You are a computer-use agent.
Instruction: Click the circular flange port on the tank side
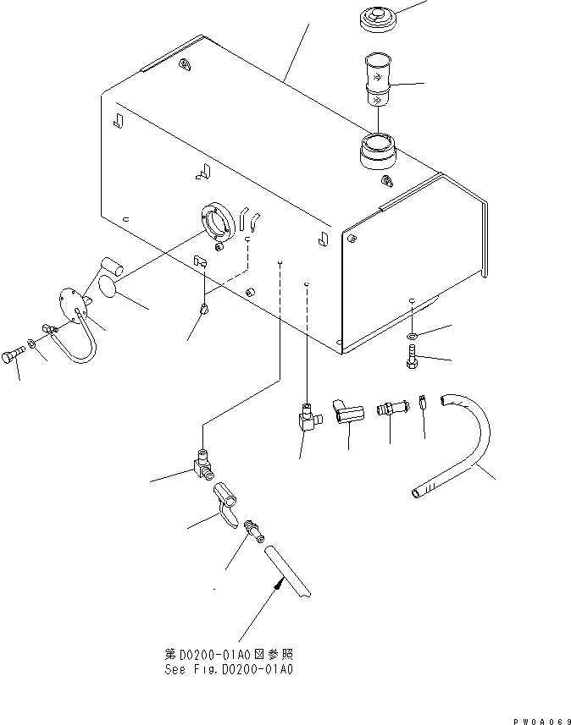click(x=218, y=222)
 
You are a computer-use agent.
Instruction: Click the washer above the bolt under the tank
click(x=410, y=336)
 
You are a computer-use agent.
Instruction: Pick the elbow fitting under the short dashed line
click(x=308, y=415)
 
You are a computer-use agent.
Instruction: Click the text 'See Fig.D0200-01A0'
click(x=230, y=669)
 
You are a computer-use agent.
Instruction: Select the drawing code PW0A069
click(x=537, y=720)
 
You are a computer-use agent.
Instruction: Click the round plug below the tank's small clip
click(x=204, y=310)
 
